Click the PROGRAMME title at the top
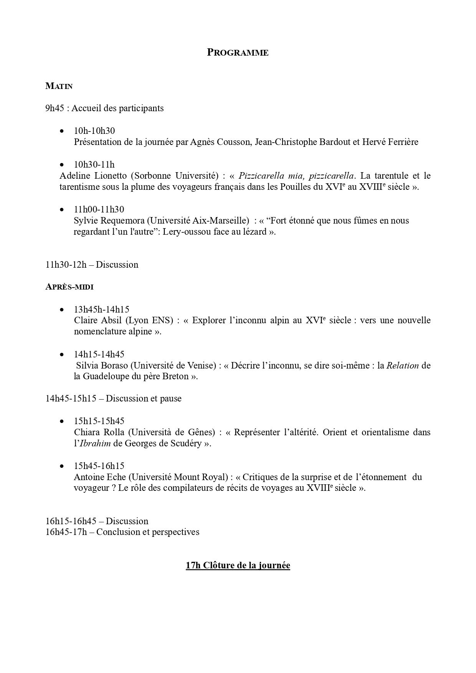pyautogui.click(x=238, y=53)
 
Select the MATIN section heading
pyautogui.click(x=59, y=86)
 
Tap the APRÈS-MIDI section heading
pyautogui.click(x=69, y=287)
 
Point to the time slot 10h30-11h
pyautogui.click(x=94, y=165)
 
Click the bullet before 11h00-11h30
pyautogui.click(x=62, y=209)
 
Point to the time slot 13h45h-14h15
pyautogui.click(x=101, y=309)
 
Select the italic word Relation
pyautogui.click(x=402, y=365)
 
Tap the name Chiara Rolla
pyautogui.click(x=99, y=432)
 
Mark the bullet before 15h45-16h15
pyautogui.click(x=62, y=466)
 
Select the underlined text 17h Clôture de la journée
pyautogui.click(x=238, y=565)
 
